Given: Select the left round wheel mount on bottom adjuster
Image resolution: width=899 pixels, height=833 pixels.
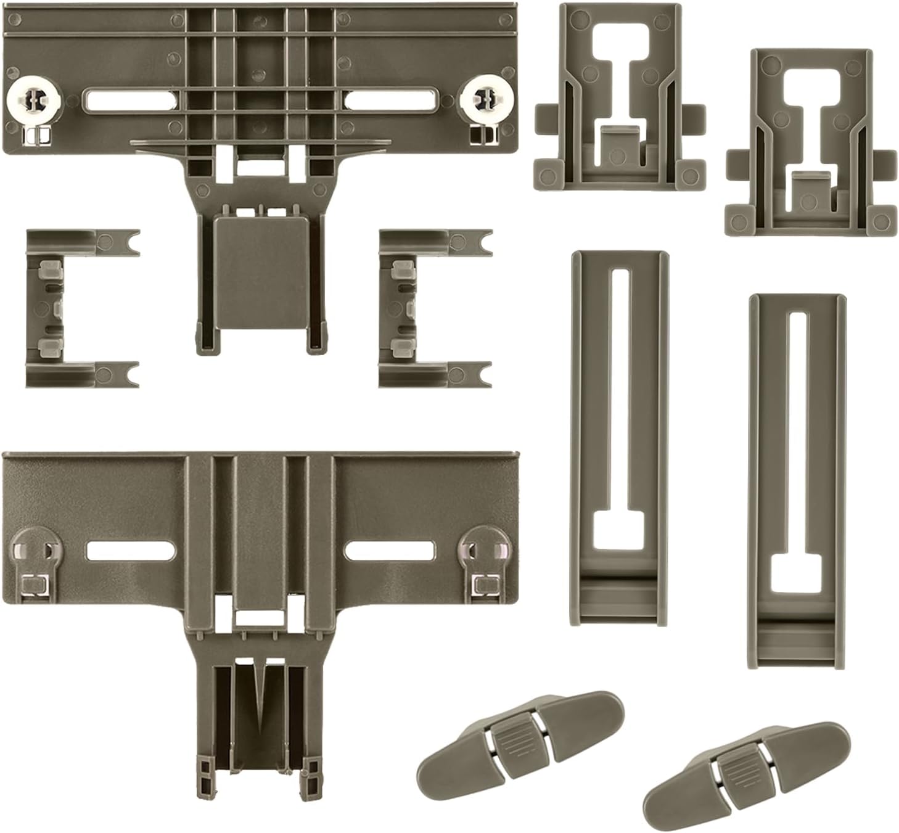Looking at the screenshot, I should coord(31,545).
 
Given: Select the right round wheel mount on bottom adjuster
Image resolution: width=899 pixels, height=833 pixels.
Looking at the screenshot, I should coord(484,545).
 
